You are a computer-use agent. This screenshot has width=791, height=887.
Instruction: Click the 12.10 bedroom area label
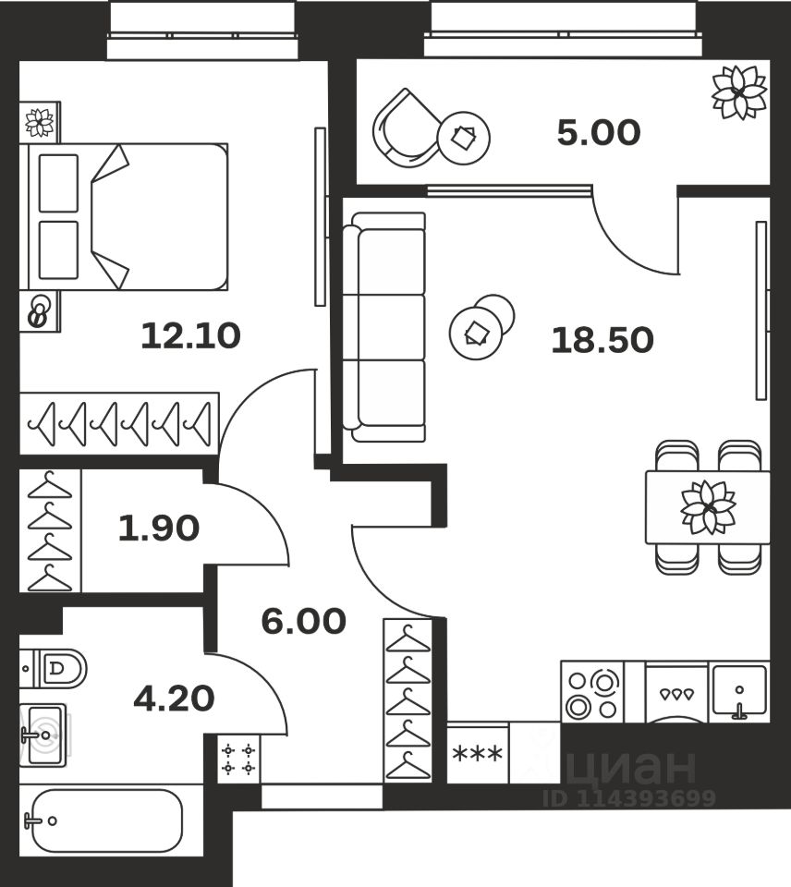[x=190, y=335]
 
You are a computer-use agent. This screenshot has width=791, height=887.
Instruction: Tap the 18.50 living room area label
[x=602, y=341]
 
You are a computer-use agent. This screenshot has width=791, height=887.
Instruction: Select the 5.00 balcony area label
[x=598, y=134]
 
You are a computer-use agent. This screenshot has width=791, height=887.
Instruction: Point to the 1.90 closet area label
[x=158, y=529]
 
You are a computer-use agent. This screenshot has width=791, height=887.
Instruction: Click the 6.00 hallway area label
[x=303, y=622]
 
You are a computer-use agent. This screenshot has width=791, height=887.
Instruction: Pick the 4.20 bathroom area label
[x=174, y=699]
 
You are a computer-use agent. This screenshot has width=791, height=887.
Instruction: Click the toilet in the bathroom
[x=55, y=667]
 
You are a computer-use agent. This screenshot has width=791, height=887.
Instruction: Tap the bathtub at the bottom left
[x=103, y=820]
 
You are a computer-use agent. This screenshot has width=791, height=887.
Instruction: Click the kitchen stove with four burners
[x=591, y=693]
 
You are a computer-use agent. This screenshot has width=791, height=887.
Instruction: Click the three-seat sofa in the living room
[x=384, y=327]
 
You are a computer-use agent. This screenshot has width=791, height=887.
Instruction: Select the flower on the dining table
[x=708, y=507]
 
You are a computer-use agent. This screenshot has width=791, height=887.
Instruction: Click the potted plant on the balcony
[x=739, y=92]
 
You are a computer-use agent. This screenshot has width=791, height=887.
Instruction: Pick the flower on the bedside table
[x=39, y=122]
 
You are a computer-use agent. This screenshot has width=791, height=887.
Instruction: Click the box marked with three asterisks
[x=477, y=754]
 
